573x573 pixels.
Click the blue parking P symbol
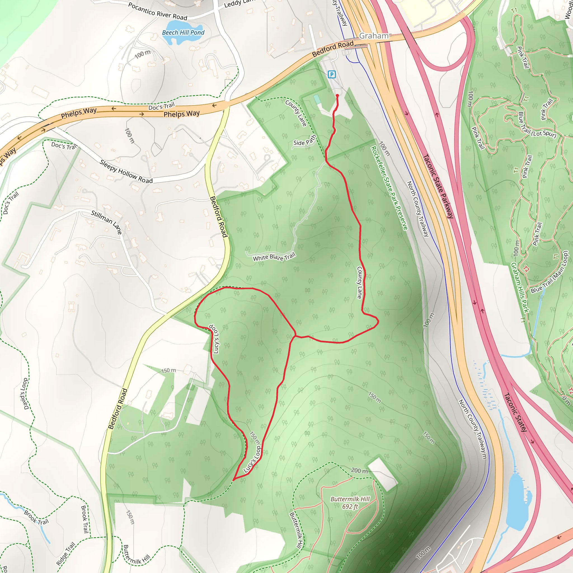[x=332, y=74]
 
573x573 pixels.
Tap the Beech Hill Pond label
[x=183, y=33]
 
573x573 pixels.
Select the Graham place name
[x=374, y=36]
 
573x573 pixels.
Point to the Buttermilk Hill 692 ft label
[x=350, y=503]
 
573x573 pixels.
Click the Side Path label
[x=305, y=140]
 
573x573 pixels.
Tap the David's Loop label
[x=25, y=394]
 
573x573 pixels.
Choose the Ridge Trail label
[x=66, y=553]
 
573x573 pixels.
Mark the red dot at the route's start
[x=337, y=95]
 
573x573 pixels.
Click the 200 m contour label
[x=359, y=471]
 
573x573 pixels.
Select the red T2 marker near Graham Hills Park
[x=526, y=269]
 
